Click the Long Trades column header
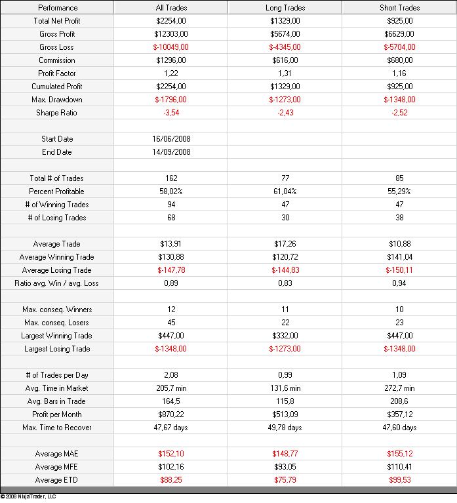coord(285,8)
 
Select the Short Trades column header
coord(399,8)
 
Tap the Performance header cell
coord(57,8)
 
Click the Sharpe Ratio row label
coord(57,113)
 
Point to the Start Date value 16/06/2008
coord(171,139)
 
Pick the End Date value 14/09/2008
coord(171,152)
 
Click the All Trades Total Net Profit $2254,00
coord(171,21)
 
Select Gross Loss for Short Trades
coord(399,47)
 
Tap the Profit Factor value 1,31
coord(285,73)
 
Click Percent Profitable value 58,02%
coord(171,191)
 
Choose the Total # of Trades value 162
coord(171,178)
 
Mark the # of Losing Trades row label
coord(57,218)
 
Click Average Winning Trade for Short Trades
coord(399,257)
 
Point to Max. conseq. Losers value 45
coord(171,323)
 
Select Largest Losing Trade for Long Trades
coord(285,349)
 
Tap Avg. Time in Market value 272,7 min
coord(399,388)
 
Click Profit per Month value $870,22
coord(171,414)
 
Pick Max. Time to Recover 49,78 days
coord(285,428)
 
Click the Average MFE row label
coord(57,467)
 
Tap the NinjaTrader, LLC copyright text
coord(29,496)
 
